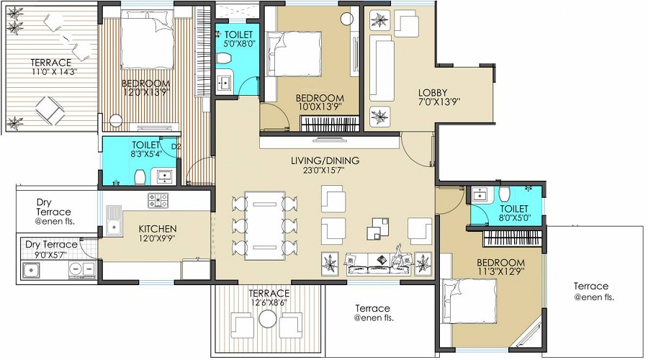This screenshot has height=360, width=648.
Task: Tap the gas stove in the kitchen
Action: [x=158, y=199]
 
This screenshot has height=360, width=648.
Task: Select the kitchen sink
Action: [x=114, y=220]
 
